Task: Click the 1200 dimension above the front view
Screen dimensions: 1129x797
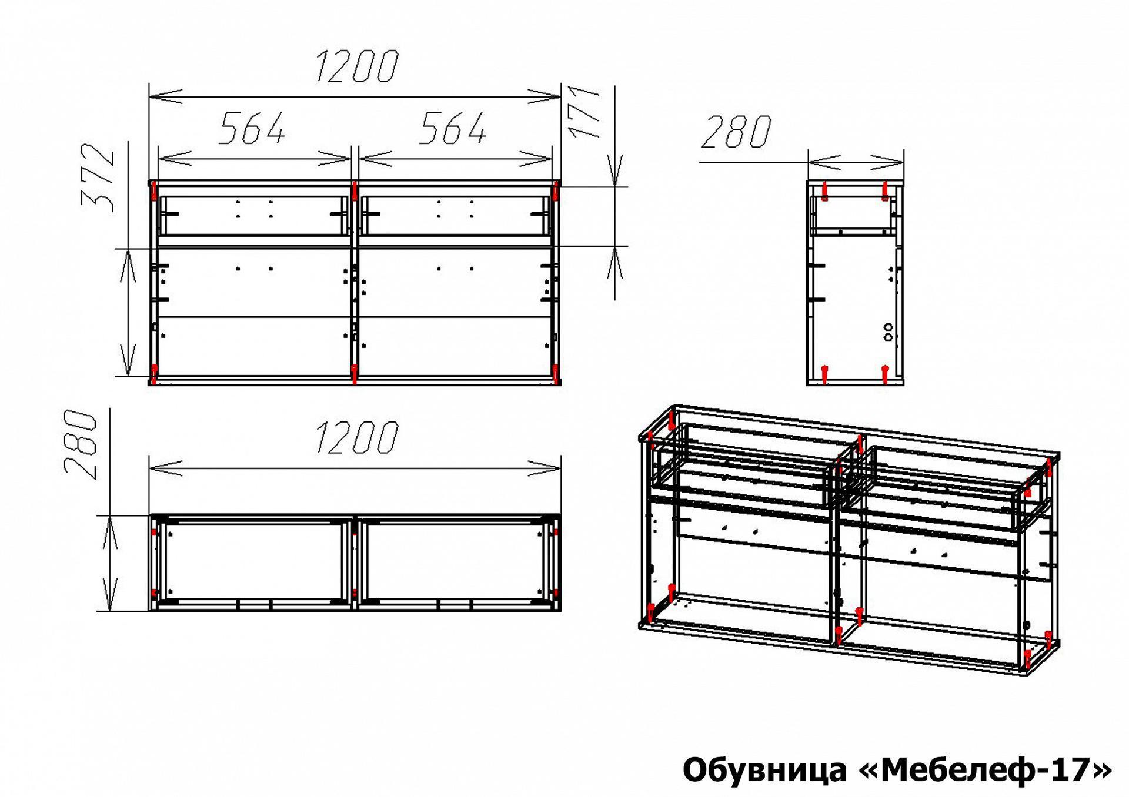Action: [x=357, y=66]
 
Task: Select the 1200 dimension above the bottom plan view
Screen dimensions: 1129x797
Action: [x=357, y=437]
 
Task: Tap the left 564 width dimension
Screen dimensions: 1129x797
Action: [x=252, y=128]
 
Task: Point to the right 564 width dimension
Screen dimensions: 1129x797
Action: [x=453, y=128]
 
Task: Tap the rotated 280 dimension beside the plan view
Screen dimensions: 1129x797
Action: [x=80, y=444]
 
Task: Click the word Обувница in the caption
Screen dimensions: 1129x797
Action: [x=766, y=770]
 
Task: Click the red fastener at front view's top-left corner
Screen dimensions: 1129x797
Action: [x=154, y=190]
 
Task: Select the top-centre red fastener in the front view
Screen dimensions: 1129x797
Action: [x=355, y=190]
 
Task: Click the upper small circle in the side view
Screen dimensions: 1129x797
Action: [x=888, y=327]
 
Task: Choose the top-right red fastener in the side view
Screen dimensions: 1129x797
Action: [x=884, y=191]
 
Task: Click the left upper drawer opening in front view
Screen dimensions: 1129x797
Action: [x=253, y=216]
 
